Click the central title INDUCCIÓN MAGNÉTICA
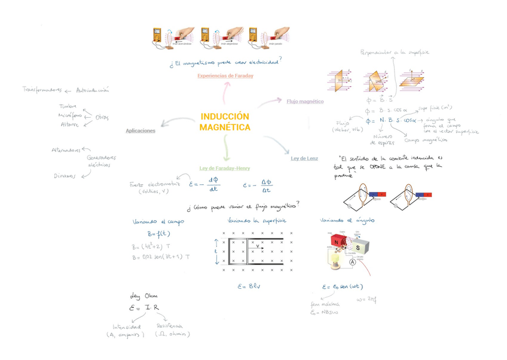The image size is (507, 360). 225,122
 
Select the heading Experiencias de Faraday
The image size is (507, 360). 225,76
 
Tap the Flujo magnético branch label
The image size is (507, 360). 305,102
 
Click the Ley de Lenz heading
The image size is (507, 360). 304,158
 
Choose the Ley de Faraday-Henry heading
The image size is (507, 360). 225,168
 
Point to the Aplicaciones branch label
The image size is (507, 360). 141,130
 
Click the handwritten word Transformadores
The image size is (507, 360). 42,90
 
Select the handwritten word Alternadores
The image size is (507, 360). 66,150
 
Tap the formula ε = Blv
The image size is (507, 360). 248,286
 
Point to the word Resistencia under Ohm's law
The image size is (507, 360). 169,327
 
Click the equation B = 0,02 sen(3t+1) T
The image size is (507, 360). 161,257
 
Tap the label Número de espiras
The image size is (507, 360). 383,140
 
